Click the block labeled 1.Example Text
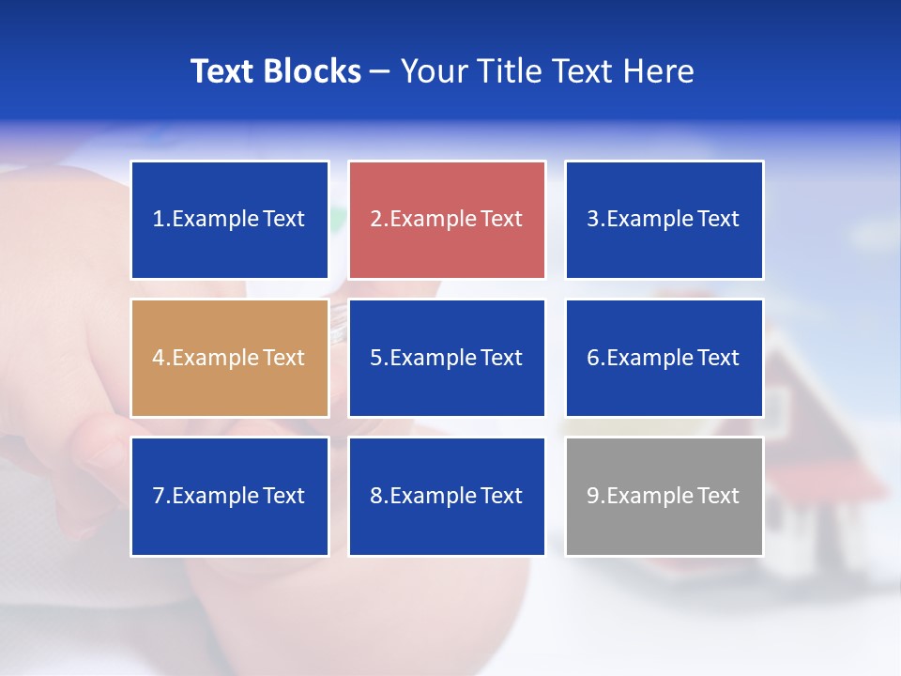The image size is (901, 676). coord(230,220)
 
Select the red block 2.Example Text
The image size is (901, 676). coord(447,220)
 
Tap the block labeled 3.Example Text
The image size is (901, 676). coord(664,220)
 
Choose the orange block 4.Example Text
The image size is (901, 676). coord(230,358)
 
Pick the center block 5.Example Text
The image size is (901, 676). coord(447,358)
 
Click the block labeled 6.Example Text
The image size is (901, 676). coord(664,358)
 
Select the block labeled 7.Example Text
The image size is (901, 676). coord(230,496)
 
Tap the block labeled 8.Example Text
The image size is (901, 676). coord(447,496)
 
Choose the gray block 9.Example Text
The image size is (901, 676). coord(664,496)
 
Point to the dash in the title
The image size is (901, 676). coord(380,71)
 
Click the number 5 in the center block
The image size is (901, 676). coord(375,358)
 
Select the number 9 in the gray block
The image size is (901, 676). coord(593,496)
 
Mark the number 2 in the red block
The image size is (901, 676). coord(375,220)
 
